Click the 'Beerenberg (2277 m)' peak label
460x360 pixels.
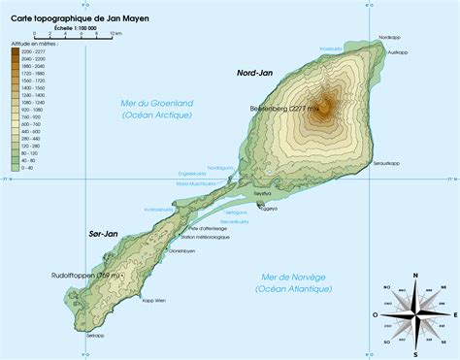click(284, 109)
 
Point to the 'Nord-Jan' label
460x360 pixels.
click(253, 73)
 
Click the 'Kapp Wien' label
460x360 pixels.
click(154, 301)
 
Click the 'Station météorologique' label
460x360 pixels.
click(205, 237)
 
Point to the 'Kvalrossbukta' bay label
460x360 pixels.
click(158, 209)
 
